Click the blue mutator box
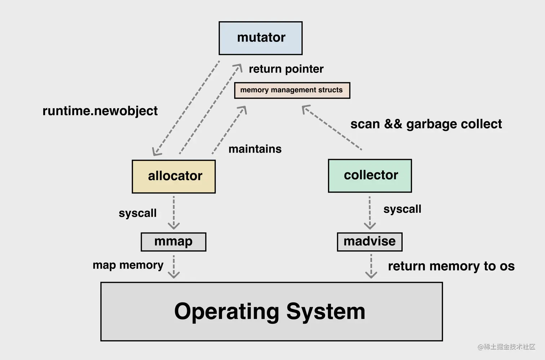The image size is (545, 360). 260,38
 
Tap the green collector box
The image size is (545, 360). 369,175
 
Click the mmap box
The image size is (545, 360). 173,241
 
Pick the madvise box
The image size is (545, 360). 369,241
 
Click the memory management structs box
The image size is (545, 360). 292,90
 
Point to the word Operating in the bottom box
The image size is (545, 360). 226,311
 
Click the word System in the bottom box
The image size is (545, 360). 325,311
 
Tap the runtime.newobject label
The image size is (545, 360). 100,111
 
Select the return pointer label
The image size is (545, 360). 286,69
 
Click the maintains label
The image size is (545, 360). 255,149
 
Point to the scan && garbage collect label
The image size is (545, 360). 426,124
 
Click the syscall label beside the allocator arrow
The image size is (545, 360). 137,213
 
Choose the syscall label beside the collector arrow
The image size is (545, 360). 402,209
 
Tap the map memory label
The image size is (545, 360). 128,265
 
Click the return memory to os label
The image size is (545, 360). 451,266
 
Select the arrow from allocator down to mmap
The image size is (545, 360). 174,212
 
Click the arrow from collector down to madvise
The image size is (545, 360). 369,212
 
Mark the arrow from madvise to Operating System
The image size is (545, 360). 371,266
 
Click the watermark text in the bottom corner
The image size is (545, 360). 506,347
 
